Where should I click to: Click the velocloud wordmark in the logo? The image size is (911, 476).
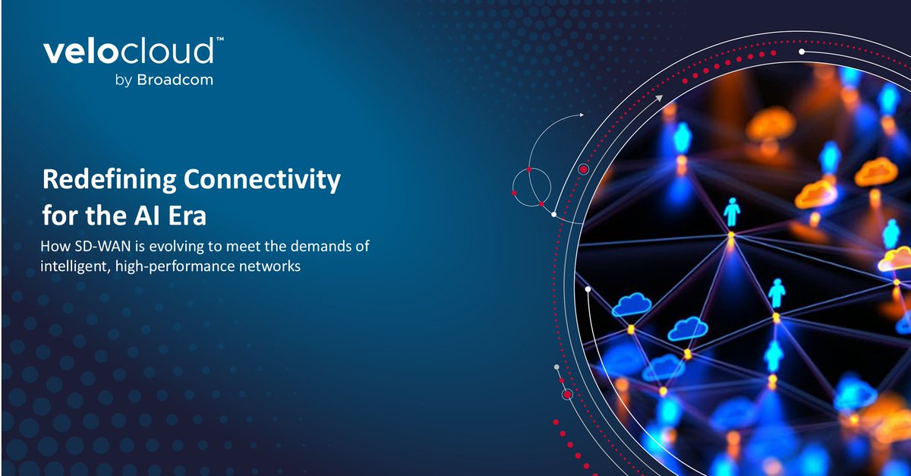point(128,53)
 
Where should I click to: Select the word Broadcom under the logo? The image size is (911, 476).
point(175,80)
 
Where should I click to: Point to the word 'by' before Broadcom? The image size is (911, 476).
point(124,80)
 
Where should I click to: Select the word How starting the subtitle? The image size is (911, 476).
point(52,247)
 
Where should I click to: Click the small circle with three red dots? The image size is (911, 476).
point(530,184)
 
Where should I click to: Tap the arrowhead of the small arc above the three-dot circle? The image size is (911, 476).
point(582,115)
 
